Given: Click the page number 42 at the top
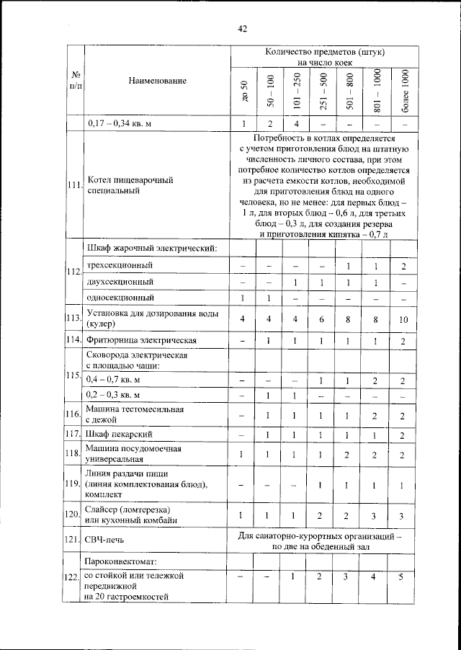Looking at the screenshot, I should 242,29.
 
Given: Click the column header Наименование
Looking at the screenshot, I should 158,81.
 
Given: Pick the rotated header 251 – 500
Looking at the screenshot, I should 323,91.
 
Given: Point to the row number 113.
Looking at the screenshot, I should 73,318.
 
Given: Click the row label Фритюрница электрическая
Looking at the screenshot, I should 141,340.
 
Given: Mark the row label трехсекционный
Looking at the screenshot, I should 120,266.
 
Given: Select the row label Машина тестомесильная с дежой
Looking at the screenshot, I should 134,414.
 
